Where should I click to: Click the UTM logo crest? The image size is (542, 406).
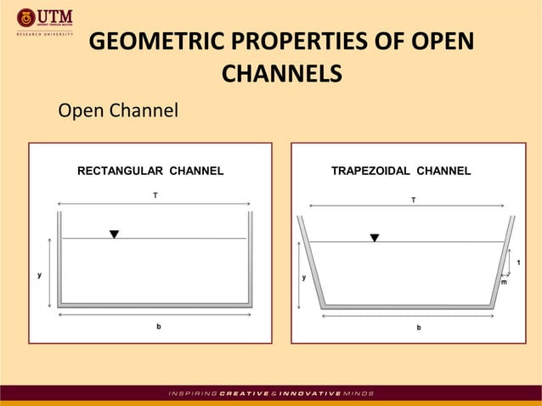point(26,17)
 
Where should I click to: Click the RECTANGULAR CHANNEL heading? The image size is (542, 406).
point(150,171)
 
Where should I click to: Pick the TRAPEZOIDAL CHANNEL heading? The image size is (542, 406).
point(400,171)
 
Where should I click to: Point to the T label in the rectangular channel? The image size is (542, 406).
point(155,195)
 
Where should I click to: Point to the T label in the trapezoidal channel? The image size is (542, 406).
point(414,200)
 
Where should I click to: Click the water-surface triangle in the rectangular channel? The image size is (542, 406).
point(114,234)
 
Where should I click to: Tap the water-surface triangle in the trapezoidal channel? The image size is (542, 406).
point(375,238)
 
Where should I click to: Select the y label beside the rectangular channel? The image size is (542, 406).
point(39,274)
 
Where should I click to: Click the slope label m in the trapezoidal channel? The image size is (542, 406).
point(503,282)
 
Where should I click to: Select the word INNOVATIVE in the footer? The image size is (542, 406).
point(314,393)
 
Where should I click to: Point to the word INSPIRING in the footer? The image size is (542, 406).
point(193,393)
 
